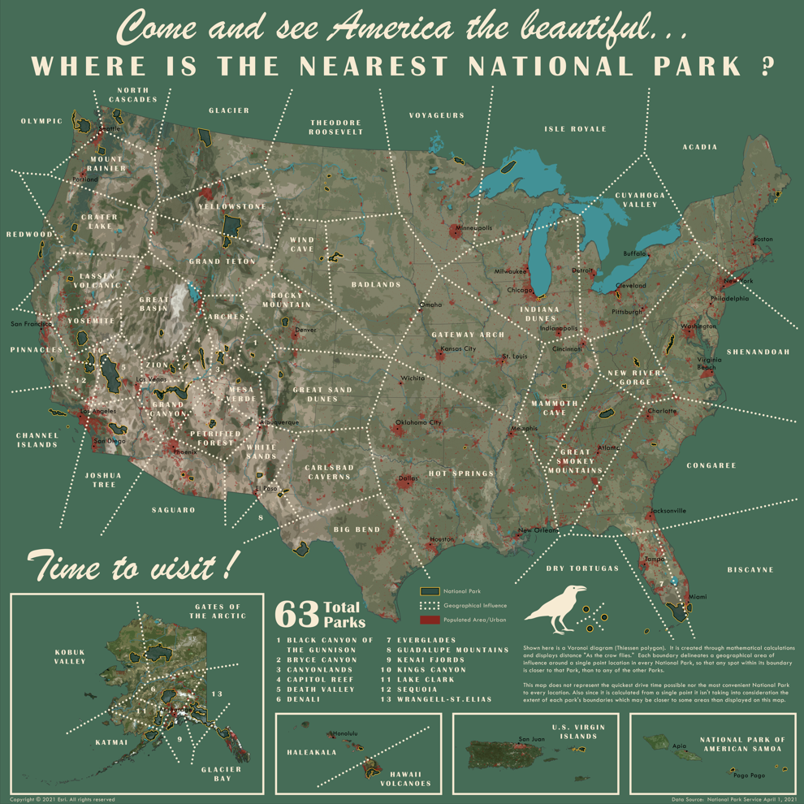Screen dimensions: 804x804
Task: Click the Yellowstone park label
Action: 232,206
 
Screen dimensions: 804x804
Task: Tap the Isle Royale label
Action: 575,129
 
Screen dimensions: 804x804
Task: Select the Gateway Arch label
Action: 468,335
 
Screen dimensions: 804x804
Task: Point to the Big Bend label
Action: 357,530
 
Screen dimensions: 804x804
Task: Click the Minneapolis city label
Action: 473,228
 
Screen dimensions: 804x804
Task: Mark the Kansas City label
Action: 458,348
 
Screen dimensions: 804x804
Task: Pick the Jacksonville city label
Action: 668,511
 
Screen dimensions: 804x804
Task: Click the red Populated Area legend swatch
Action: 430,620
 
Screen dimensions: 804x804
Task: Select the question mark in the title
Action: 767,66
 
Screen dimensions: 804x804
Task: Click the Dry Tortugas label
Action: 582,568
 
